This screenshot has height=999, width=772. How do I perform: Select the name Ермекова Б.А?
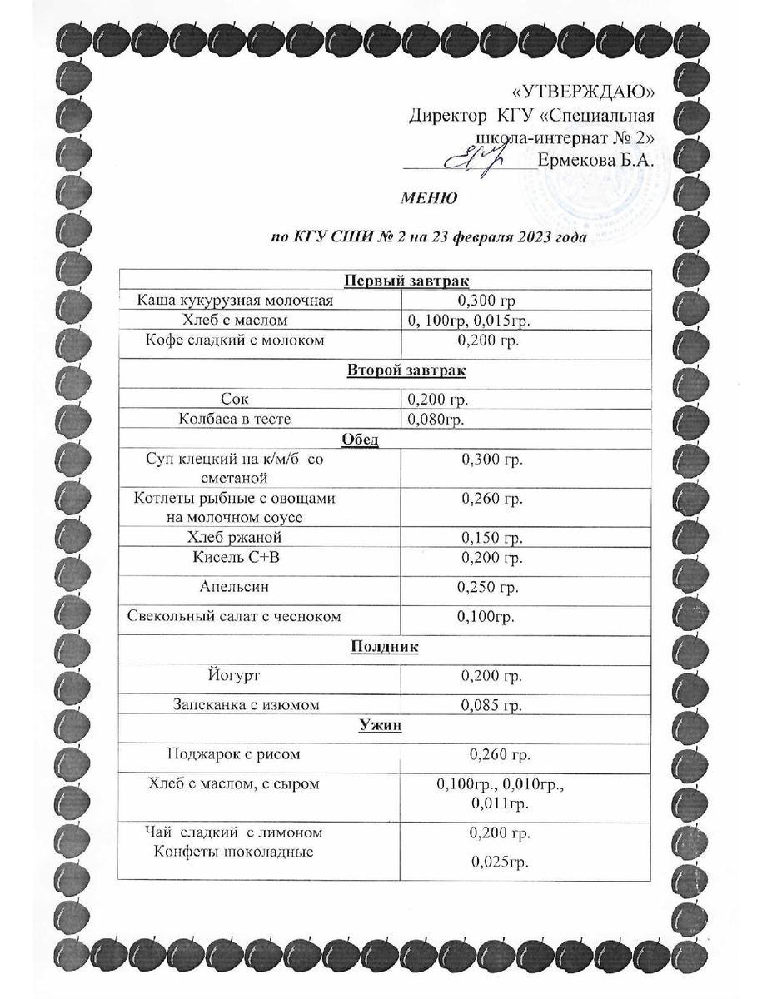coord(595,160)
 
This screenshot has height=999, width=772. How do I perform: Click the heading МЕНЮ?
coord(428,198)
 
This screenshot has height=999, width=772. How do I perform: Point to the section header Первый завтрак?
coord(384,281)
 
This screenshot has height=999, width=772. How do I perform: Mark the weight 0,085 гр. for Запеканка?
coord(491,706)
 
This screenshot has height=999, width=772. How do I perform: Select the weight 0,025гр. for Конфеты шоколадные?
coord(500,862)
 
